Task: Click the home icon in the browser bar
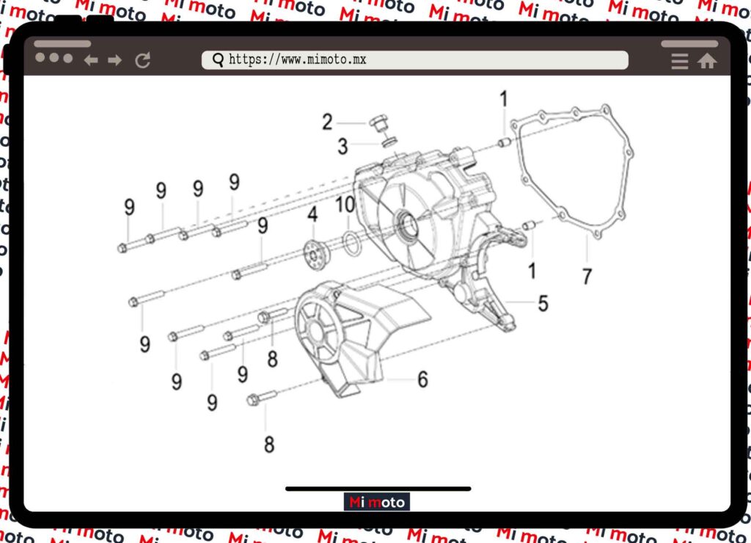pos(706,62)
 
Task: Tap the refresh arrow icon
pos(143,60)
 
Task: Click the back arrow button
pos(91,60)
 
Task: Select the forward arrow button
pos(114,60)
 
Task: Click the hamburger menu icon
pos(680,62)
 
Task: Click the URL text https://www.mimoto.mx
pos(298,59)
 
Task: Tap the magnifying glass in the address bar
pos(218,60)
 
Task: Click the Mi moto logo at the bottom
pos(377,502)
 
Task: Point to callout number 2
pos(327,122)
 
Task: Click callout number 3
pos(342,146)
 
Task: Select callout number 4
pos(312,214)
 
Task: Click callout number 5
pos(543,303)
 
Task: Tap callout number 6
pos(422,379)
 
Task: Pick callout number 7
pos(587,277)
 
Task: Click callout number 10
pos(345,204)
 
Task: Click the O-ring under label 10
pos(351,244)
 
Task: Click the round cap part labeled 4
pos(315,255)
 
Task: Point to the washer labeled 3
pos(389,142)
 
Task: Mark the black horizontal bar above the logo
pos(378,489)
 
